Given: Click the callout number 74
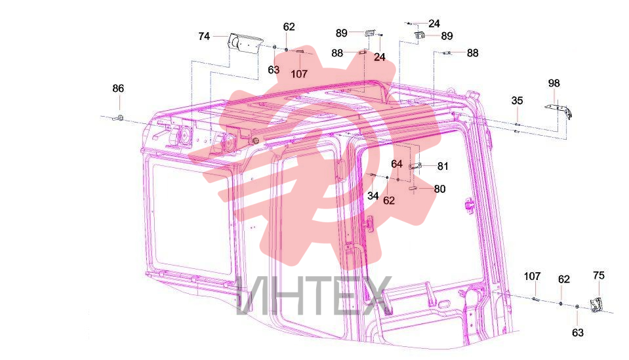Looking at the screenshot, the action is (204, 37).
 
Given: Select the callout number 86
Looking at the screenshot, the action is (118, 88).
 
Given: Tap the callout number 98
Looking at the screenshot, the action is (554, 83).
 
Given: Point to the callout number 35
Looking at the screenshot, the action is (517, 100).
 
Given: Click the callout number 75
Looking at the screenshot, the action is (599, 276).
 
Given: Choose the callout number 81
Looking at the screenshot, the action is (443, 167).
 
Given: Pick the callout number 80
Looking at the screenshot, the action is (439, 189).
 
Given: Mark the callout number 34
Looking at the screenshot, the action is (373, 195).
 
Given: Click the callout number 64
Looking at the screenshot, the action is (397, 164).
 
